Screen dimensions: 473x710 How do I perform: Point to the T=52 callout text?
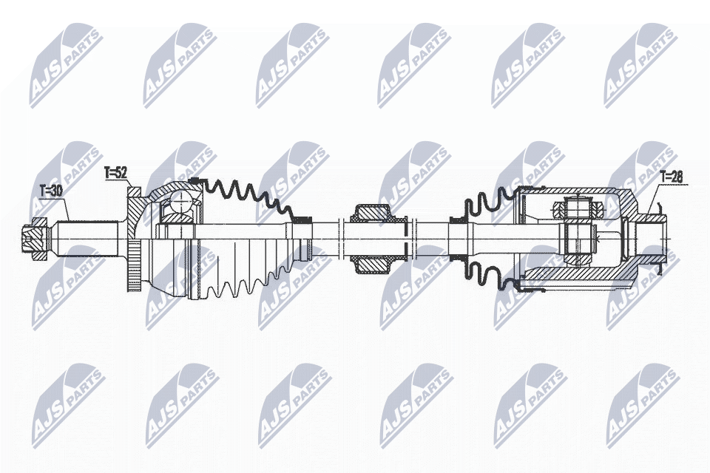(116, 173)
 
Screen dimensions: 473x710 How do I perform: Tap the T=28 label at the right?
(672, 176)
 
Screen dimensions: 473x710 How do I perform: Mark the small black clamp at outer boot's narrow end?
(301, 219)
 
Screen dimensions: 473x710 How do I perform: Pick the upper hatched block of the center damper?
(371, 214)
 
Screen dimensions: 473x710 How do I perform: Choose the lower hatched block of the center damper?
(371, 263)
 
